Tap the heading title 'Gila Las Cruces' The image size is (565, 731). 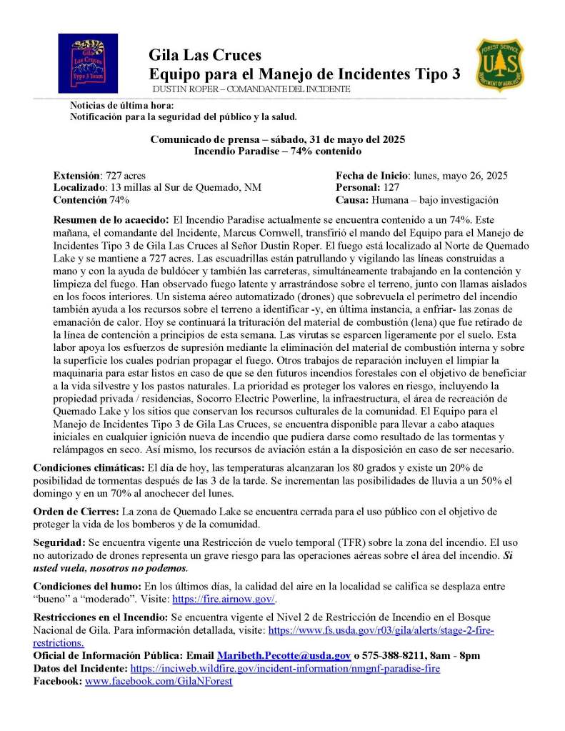[x=205, y=55]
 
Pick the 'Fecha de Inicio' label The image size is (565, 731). [x=371, y=175]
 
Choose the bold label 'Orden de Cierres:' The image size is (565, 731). [x=76, y=512]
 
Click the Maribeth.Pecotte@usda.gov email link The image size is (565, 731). [x=284, y=655]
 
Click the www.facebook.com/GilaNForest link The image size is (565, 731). [x=159, y=681]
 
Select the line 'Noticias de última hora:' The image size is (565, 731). [x=116, y=105]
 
